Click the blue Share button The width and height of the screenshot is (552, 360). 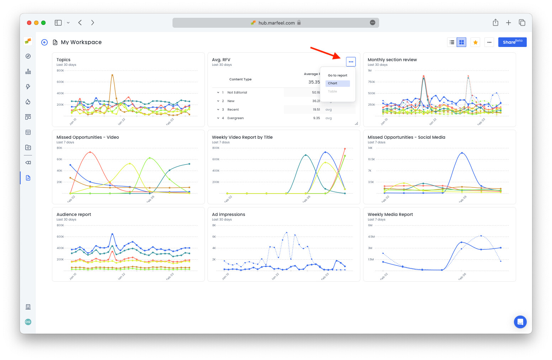[512, 42]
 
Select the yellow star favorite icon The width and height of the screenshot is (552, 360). [475, 42]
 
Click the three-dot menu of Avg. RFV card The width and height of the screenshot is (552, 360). [351, 62]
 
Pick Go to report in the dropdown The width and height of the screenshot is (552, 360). [338, 75]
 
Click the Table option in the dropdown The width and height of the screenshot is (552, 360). [333, 91]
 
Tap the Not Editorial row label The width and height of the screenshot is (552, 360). [237, 92]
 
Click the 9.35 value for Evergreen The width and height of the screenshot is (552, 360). [316, 118]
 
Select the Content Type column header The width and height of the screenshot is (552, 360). [240, 79]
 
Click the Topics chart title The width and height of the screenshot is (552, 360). [63, 60]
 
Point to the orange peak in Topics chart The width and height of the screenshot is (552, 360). [112, 75]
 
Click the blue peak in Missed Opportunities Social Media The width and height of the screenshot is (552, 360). [462, 153]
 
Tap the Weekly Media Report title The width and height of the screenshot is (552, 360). [390, 215]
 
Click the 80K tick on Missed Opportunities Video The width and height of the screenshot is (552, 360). [59, 148]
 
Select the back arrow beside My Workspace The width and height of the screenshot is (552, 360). [44, 42]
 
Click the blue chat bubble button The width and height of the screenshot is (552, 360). [520, 322]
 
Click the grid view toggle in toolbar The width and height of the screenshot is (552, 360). [461, 42]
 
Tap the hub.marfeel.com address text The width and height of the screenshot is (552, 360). [276, 23]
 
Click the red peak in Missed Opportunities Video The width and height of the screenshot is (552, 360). [90, 152]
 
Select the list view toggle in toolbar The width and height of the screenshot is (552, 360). [452, 42]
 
